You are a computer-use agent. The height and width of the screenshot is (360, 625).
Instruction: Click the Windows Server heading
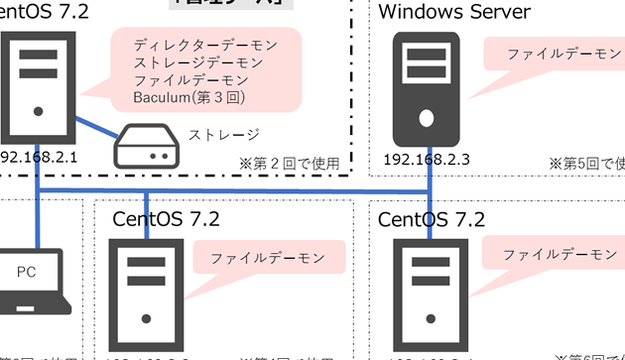click(454, 12)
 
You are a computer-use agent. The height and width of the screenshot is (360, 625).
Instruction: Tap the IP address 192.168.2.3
click(427, 157)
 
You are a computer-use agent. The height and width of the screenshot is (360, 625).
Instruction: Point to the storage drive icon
click(146, 147)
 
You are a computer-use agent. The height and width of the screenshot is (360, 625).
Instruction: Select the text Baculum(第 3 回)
click(188, 97)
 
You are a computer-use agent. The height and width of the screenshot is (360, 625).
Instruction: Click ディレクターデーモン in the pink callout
click(204, 44)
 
